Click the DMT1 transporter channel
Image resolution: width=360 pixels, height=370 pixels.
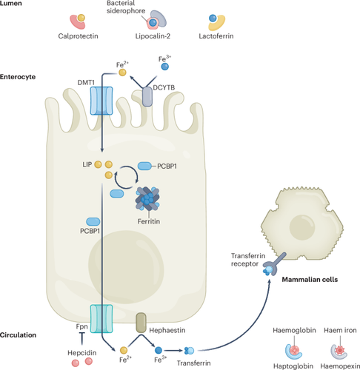point(101,101)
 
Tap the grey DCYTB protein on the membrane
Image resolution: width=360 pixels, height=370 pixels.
point(147,97)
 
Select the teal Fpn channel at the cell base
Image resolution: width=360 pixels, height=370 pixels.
point(101,318)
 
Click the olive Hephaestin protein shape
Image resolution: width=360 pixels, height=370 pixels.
point(141,323)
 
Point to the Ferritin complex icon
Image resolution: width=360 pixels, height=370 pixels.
point(147,199)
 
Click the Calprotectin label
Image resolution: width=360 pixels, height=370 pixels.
point(78,36)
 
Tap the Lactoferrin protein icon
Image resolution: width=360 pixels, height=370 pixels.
point(216,22)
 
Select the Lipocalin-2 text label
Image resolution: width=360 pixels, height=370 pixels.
point(153,36)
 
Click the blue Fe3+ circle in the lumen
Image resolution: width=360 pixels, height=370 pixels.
point(164,67)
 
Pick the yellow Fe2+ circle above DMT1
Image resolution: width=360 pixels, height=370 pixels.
point(122,73)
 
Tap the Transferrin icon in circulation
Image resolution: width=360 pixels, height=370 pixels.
point(189,351)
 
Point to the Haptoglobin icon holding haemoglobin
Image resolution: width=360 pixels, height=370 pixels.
point(293,351)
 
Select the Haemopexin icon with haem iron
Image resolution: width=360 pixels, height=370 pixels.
point(339,351)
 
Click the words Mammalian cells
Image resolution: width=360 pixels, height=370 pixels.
point(310,280)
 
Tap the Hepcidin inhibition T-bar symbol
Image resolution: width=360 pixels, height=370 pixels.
point(81,338)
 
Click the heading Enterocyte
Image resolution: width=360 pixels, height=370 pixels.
point(18,77)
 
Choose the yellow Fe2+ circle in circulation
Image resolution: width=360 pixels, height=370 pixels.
point(124,350)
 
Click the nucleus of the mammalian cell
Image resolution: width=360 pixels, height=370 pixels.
point(302,227)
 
